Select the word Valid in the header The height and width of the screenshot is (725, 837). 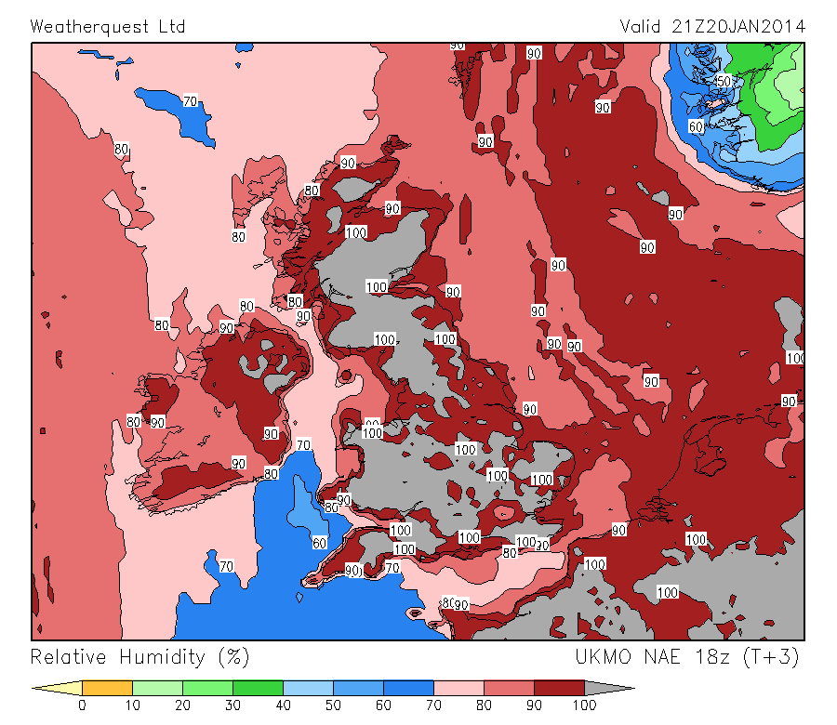642,26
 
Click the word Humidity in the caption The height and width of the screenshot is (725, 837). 162,657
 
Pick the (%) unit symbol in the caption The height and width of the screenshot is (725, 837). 233,657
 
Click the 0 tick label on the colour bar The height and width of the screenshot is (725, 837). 82,705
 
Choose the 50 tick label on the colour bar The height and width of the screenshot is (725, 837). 333,705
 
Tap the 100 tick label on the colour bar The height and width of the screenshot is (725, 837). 584,705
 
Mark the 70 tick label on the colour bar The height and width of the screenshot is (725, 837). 433,705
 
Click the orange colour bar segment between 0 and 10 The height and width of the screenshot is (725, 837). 107,689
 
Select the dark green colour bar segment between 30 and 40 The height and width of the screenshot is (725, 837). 258,689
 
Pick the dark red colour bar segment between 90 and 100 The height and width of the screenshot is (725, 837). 559,689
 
